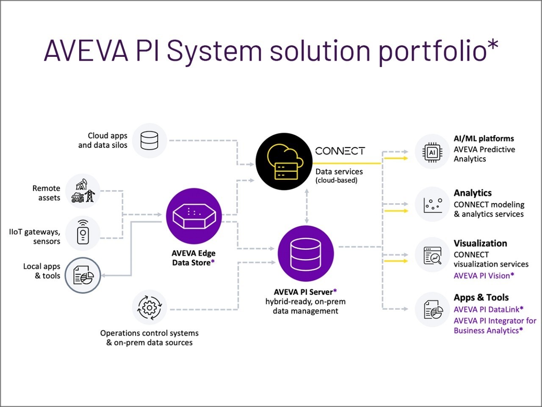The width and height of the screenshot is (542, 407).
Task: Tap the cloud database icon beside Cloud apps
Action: [149, 141]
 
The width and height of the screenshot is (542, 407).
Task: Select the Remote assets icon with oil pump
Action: [83, 191]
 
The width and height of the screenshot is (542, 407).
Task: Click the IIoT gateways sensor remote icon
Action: [83, 233]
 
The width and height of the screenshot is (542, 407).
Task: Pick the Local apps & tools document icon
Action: [83, 275]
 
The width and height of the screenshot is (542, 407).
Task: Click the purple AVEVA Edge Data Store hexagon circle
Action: [194, 216]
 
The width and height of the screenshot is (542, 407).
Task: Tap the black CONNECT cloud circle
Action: [284, 161]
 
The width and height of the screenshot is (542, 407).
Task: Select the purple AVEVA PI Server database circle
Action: [305, 254]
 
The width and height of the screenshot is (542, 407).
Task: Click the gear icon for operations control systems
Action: [149, 307]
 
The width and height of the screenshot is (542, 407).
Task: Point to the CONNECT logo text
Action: [340, 151]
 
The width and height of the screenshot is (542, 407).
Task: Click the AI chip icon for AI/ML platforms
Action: [432, 152]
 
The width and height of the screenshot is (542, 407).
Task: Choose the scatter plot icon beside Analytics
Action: [432, 205]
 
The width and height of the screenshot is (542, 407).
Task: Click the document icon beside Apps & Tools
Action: [432, 309]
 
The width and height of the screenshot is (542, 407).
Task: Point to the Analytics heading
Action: [473, 193]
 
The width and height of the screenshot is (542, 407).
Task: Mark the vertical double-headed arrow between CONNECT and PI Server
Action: [307, 206]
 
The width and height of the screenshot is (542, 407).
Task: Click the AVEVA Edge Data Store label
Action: [194, 258]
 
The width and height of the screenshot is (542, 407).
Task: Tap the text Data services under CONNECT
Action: [339, 172]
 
